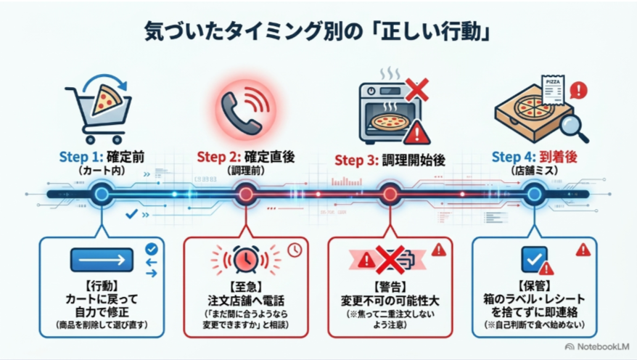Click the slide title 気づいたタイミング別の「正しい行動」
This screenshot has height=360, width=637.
pyautogui.click(x=317, y=32)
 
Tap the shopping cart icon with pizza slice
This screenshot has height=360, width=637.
pyautogui.click(x=99, y=110)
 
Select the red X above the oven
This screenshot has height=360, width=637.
pyautogui.click(x=416, y=90)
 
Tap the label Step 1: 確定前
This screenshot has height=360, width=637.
pyautogui.click(x=102, y=157)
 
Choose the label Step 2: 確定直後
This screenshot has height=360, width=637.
pyautogui.click(x=246, y=157)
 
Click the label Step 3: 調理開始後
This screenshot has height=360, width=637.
pyautogui.click(x=390, y=160)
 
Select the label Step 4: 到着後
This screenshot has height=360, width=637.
pyautogui.click(x=534, y=157)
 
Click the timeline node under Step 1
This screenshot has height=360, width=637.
pyautogui.click(x=102, y=195)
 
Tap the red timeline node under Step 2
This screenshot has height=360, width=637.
pyautogui.click(x=245, y=195)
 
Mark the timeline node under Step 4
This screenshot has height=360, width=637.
pyautogui.click(x=534, y=195)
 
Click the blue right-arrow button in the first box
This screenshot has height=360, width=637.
pyautogui.click(x=102, y=260)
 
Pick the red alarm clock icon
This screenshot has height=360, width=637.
pyautogui.click(x=246, y=259)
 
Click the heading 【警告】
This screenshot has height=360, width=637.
pyautogui.click(x=390, y=287)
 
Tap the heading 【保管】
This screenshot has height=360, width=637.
pyautogui.click(x=534, y=286)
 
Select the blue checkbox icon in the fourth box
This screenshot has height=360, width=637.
pyautogui.click(x=534, y=259)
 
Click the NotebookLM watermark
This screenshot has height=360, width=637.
pyautogui.click(x=598, y=347)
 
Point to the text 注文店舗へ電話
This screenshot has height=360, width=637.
pyautogui.click(x=246, y=300)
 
